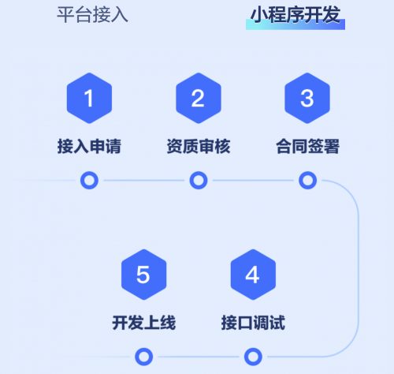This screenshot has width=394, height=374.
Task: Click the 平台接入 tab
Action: pos(92,15)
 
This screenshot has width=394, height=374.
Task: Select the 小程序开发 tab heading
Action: pos(295,15)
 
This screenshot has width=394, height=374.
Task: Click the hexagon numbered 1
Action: pos(89,98)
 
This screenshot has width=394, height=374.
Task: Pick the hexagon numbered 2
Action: pos(199,98)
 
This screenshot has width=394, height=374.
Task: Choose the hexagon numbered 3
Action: pos(307,98)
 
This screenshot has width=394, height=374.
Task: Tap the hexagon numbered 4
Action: pos(253,275)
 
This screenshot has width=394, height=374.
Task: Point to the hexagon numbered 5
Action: pos(144,275)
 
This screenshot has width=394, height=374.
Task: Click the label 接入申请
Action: pos(89,146)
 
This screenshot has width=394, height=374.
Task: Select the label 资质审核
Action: pos(199,146)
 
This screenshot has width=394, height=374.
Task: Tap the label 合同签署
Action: pos(307,146)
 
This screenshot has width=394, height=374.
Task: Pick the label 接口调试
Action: pos(253,323)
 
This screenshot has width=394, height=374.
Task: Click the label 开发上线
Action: pos(144,323)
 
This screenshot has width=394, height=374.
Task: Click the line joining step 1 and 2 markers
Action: pos(144,181)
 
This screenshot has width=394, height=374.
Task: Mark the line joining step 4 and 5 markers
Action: pos(199,357)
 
